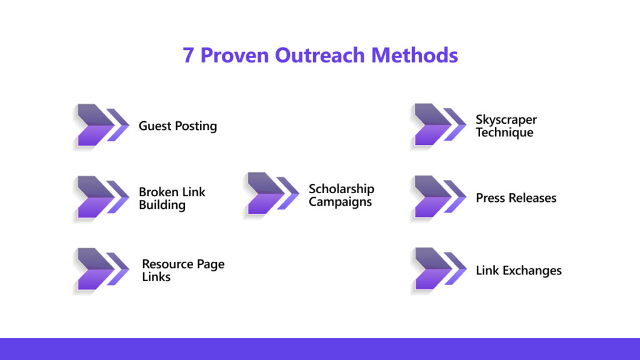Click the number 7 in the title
tap(188, 56)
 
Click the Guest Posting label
tap(177, 126)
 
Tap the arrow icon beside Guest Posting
tap(102, 125)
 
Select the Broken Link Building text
tap(172, 199)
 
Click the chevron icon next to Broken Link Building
tap(102, 197)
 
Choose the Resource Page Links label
tap(182, 270)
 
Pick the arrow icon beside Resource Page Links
tap(102, 270)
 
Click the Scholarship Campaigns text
tap(341, 195)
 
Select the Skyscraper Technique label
tap(506, 126)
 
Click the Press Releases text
tap(516, 198)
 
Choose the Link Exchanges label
tap(518, 271)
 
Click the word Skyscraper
tap(506, 119)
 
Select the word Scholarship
tap(341, 189)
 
